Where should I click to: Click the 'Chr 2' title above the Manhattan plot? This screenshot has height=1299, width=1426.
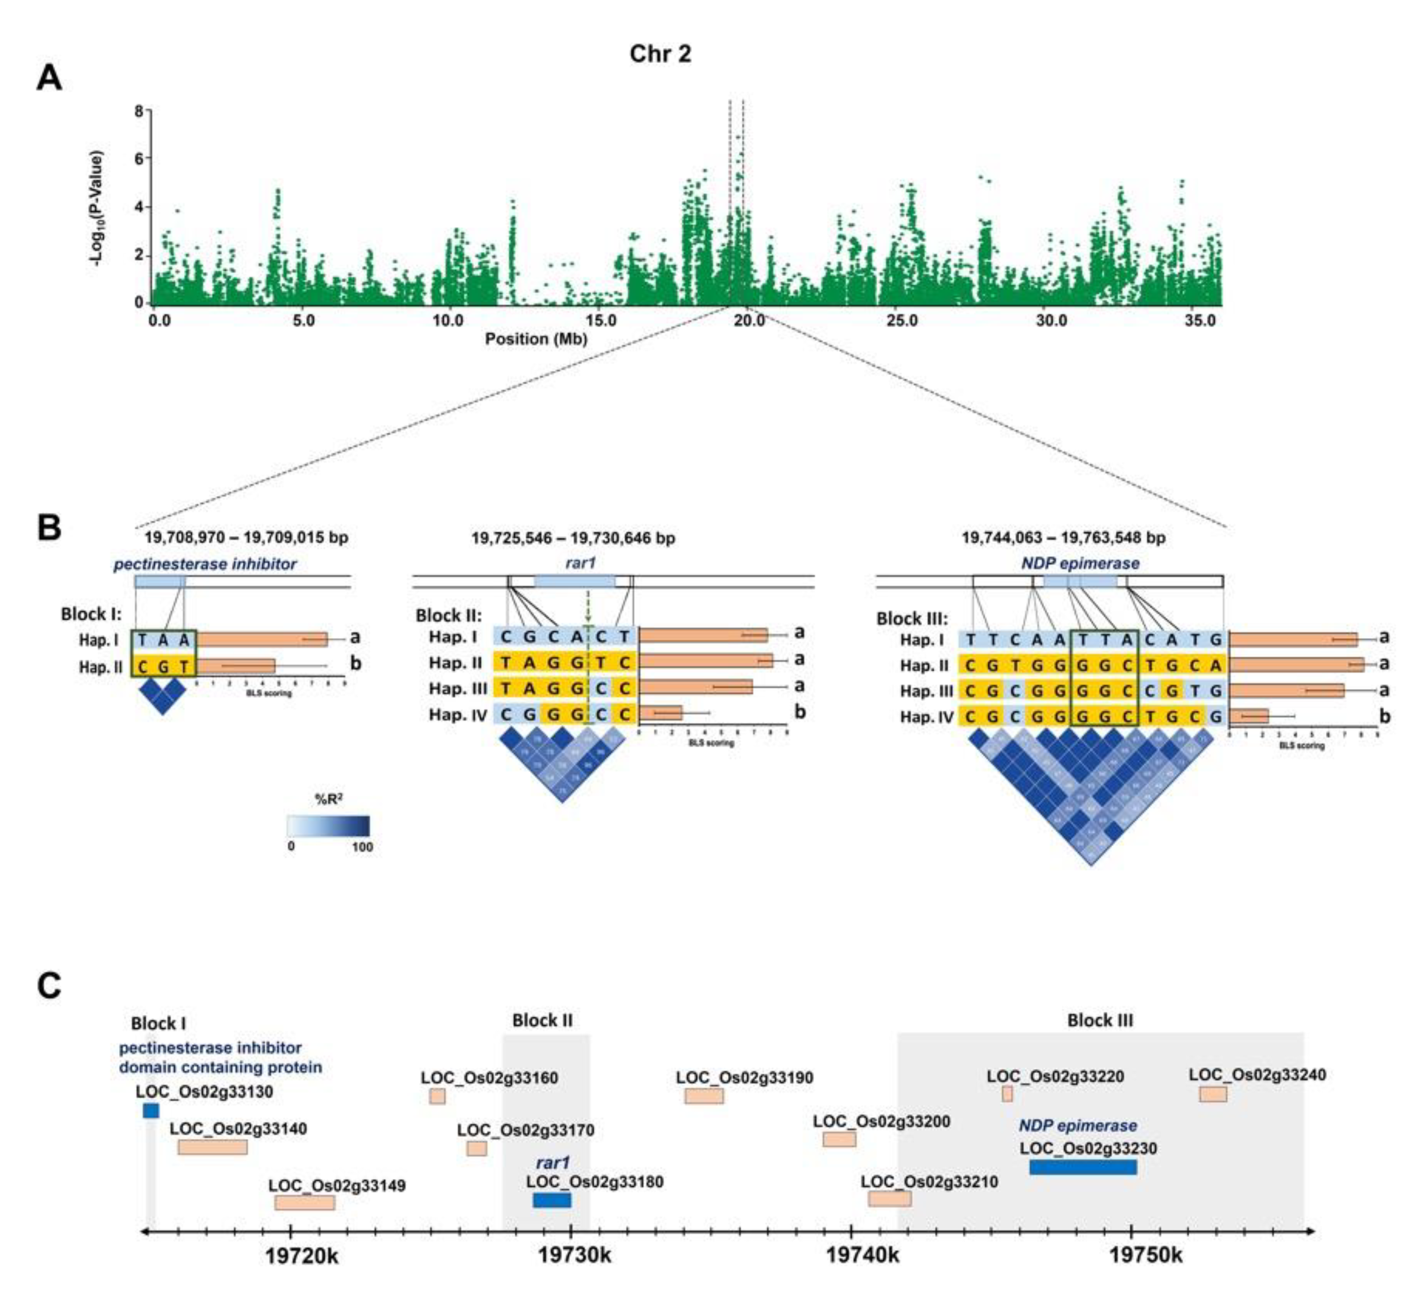point(660,54)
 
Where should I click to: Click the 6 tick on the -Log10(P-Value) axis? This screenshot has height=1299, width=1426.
point(139,158)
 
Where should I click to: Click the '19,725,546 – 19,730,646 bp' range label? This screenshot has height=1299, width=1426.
point(573,538)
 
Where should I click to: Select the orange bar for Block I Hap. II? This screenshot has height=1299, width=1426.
point(236,666)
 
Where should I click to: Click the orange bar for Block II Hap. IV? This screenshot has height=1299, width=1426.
point(661,713)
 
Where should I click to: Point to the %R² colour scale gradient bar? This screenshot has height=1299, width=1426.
point(328,826)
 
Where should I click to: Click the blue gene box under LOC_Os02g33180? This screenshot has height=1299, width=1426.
point(552,1200)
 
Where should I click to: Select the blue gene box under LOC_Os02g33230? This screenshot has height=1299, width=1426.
point(1083,1167)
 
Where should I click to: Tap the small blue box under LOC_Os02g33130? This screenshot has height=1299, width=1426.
point(151,1111)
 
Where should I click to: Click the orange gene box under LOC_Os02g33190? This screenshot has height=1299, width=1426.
point(704,1096)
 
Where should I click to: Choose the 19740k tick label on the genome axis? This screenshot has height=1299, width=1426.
point(863,1256)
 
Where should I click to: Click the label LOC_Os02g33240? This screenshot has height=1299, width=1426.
point(1257,1075)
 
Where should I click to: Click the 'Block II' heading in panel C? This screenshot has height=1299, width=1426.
point(543,1021)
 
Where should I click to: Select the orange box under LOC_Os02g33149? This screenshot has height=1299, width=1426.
point(305,1203)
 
